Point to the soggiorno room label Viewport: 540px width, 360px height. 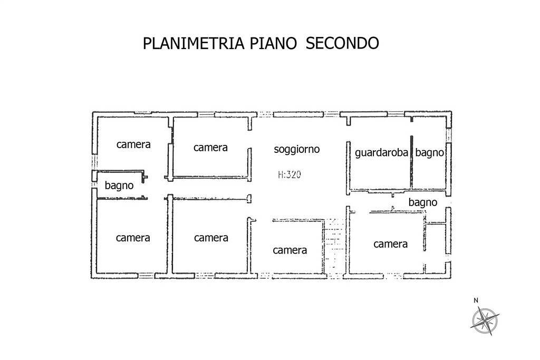(x=297, y=149)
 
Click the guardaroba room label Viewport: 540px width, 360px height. (x=382, y=153)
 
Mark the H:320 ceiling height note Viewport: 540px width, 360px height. (x=289, y=174)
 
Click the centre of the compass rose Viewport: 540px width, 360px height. (x=485, y=318)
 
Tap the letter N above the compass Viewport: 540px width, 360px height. (x=476, y=300)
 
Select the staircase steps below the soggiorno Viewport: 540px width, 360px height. (x=333, y=246)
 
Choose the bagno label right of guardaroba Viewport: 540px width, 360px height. (x=430, y=153)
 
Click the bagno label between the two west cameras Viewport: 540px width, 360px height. (x=119, y=186)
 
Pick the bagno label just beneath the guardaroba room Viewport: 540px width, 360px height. (x=423, y=202)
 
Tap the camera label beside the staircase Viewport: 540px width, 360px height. (x=290, y=250)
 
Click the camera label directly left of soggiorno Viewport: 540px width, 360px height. (x=210, y=148)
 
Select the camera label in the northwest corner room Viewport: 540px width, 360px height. (x=134, y=144)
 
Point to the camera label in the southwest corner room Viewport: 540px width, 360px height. (x=133, y=238)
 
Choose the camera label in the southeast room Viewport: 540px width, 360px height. (x=391, y=244)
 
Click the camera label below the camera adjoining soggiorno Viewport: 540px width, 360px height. (x=211, y=238)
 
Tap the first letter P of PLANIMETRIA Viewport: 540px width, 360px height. (x=147, y=43)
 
